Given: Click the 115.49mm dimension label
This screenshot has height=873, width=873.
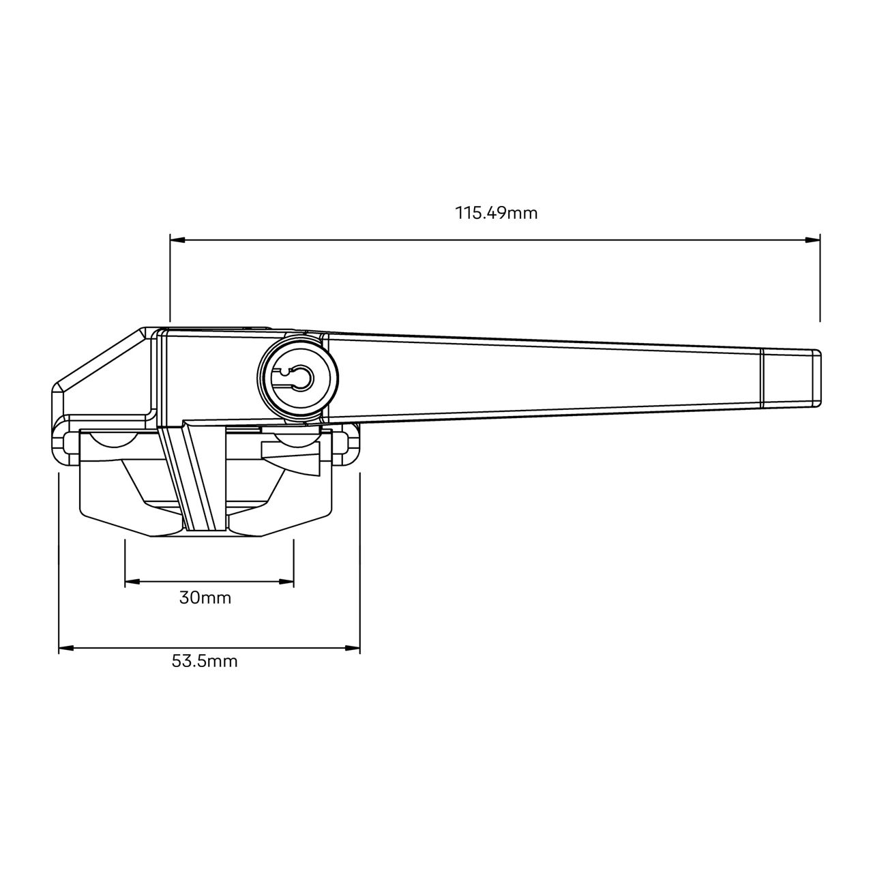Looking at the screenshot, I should (497, 213).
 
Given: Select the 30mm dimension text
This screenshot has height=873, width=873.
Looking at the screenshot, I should (205, 598).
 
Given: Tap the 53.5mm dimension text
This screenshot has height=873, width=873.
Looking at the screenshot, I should (205, 661).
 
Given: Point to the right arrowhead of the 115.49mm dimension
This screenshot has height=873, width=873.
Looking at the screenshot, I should (812, 240).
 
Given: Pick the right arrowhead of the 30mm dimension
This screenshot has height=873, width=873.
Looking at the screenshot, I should (286, 582).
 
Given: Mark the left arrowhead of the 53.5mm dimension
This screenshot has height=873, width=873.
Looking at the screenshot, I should (66, 649).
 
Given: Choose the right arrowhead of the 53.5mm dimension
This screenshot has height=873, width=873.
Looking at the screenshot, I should (353, 649).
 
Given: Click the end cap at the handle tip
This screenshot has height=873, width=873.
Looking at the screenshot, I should (790, 379).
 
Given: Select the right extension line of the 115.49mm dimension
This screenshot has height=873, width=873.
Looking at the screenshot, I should (820, 280).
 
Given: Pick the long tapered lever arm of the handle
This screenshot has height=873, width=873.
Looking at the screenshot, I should (546, 375).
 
